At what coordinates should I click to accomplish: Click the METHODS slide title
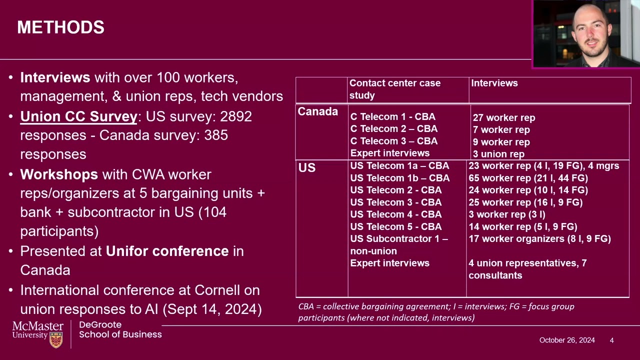click(60, 27)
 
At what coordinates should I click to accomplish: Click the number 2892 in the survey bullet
click(235, 116)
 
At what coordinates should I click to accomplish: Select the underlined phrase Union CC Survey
click(78, 117)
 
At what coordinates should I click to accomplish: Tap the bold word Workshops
click(59, 174)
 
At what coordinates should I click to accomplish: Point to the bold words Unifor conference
click(167, 251)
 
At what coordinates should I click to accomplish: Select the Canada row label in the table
click(317, 111)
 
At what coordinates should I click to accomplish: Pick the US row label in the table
click(307, 167)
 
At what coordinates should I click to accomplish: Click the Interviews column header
click(494, 83)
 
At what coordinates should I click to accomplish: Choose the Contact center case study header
click(395, 89)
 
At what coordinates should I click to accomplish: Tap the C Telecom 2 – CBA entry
click(393, 129)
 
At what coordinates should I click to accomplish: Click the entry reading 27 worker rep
click(504, 117)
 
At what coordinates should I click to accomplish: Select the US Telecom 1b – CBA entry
click(399, 178)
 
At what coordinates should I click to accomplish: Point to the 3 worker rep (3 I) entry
click(507, 214)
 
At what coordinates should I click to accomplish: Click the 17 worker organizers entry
click(539, 239)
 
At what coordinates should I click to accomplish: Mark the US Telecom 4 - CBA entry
click(395, 214)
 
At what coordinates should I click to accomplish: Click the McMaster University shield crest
click(56, 340)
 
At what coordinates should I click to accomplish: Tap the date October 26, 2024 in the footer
click(567, 340)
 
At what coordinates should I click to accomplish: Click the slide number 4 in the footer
click(611, 340)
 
